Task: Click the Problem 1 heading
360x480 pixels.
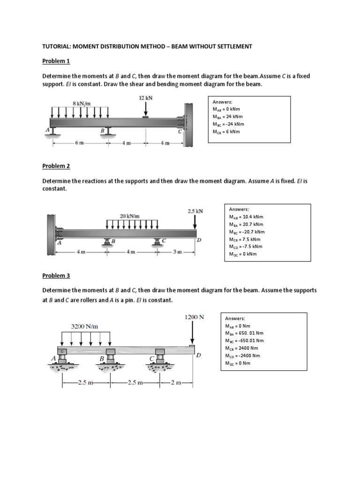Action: [55, 61]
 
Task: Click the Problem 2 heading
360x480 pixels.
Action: [55, 166]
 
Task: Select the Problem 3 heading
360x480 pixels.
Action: [55, 276]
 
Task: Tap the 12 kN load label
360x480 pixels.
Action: [146, 98]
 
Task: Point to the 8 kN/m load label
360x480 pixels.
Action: [81, 103]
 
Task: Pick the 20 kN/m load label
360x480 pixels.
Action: [129, 216]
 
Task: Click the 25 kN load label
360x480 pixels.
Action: [195, 211]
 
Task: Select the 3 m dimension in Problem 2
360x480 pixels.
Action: [176, 253]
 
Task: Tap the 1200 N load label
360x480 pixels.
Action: [194, 317]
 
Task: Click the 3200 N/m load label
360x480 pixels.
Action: [84, 326]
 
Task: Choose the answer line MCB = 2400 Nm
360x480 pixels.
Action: [241, 348]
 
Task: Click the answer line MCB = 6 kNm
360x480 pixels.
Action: [226, 132]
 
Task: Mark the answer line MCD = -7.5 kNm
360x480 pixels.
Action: [246, 247]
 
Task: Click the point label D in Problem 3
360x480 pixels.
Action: [198, 355]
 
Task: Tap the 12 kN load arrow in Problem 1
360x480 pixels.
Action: [146, 108]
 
